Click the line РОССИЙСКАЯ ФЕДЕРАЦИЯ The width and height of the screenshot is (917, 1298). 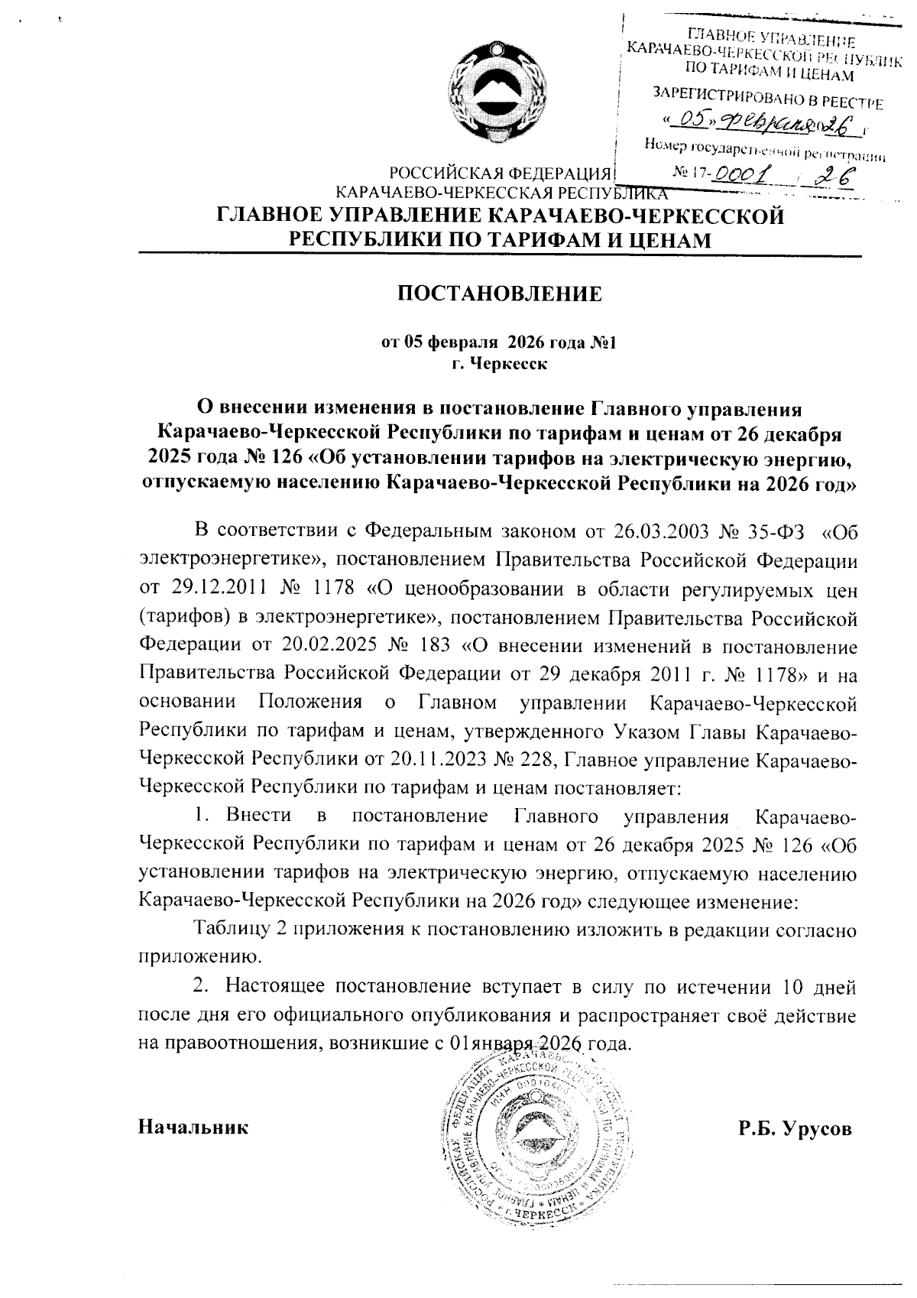click(x=499, y=173)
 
